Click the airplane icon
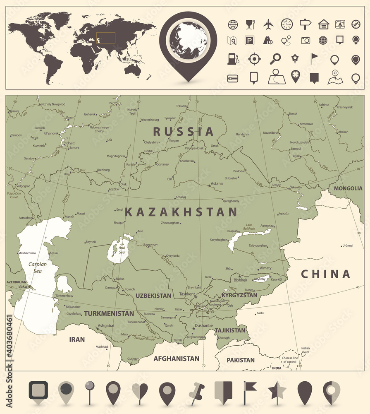coord(268,24)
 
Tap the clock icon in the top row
coord(286,24)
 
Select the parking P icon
coord(249,41)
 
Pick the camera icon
coord(305,41)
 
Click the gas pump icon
coord(232,59)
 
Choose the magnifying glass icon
coord(275,59)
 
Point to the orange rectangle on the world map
coord(106,38)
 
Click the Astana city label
coord(216,183)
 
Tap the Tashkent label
coord(187,294)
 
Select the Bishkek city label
coord(240,280)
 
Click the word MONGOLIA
coord(348,188)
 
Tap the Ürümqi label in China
coord(347,246)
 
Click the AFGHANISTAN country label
coord(176,359)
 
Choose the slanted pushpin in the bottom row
coord(197,391)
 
